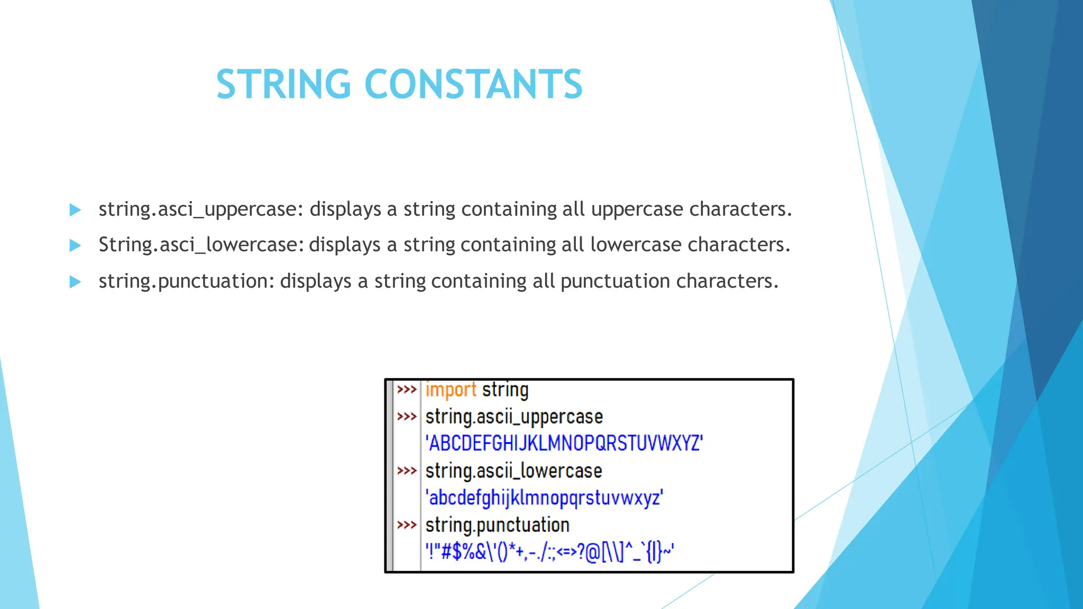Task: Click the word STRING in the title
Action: click(283, 84)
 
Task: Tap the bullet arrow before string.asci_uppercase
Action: click(75, 210)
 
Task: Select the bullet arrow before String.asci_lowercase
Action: click(75, 245)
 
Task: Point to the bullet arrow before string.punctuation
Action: click(75, 282)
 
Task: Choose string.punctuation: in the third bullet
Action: click(187, 281)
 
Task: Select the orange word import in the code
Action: click(451, 390)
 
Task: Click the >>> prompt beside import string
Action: click(407, 390)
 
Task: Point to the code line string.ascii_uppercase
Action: click(514, 417)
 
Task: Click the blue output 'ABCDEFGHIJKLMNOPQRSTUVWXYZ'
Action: click(564, 443)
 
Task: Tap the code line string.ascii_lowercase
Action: click(513, 471)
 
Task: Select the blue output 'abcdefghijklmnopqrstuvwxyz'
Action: click(544, 498)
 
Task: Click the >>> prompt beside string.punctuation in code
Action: click(407, 525)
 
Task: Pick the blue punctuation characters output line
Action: click(549, 552)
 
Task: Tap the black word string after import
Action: click(505, 390)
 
